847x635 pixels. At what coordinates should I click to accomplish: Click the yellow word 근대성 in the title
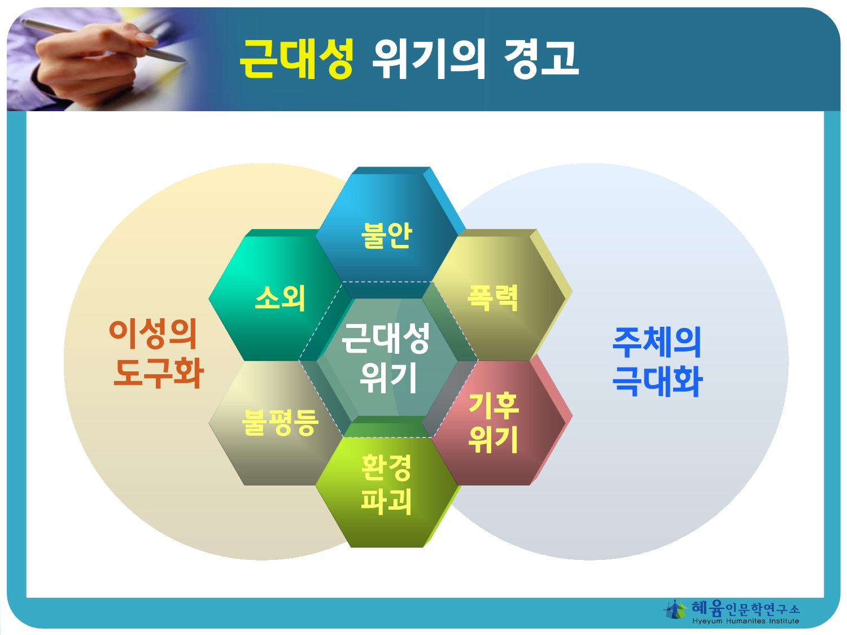point(296,59)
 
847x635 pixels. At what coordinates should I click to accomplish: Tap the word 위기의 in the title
point(428,59)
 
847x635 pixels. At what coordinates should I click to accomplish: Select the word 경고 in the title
point(541,59)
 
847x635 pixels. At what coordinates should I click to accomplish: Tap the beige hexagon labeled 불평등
point(276,423)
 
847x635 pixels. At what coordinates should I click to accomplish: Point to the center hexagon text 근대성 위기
point(386,358)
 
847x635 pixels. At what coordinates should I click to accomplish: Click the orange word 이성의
point(153,334)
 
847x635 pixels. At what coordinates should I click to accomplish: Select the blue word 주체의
point(657,342)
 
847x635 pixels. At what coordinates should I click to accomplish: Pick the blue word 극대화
point(657,381)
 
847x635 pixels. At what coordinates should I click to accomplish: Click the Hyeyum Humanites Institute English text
point(745,621)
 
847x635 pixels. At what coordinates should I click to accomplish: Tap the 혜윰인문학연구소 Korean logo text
point(745,609)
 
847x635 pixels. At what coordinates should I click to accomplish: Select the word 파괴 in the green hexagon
point(386,502)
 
